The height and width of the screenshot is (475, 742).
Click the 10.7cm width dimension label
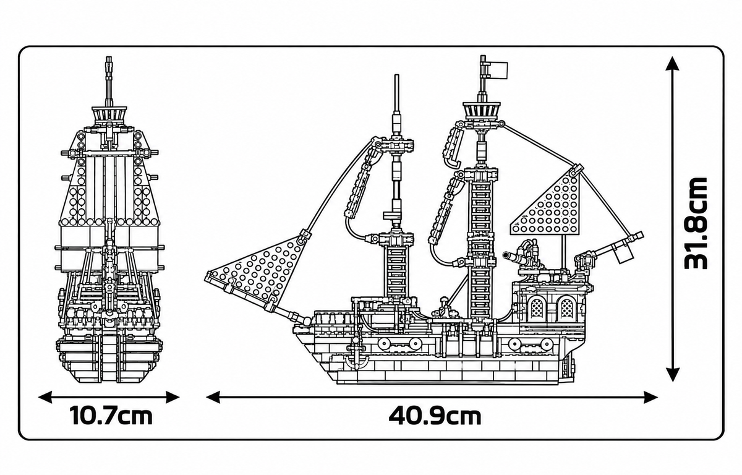(x=111, y=416)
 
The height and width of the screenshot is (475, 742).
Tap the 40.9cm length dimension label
(x=435, y=416)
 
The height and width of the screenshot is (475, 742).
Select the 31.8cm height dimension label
(x=695, y=223)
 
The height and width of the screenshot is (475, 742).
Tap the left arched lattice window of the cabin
(x=536, y=308)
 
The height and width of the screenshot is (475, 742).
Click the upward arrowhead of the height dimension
(x=672, y=64)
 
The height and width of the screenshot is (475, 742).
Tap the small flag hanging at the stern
(x=623, y=254)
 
